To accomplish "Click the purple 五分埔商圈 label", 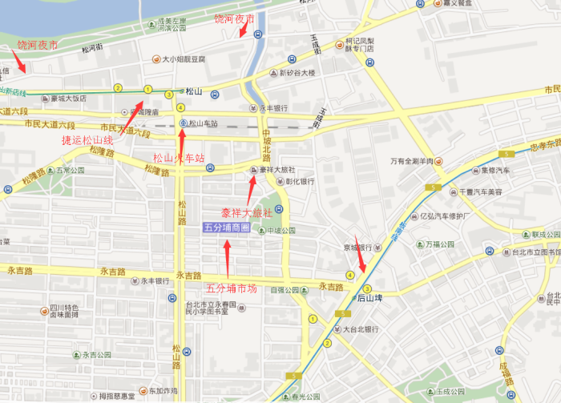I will tap(226, 228).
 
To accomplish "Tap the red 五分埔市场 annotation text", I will tap(231, 288).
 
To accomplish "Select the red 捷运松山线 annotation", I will tap(87, 140).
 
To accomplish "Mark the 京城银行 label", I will tap(354, 248).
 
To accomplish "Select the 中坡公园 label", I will tap(280, 231).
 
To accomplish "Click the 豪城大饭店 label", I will tap(68, 99).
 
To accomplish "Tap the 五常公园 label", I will tap(71, 171).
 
